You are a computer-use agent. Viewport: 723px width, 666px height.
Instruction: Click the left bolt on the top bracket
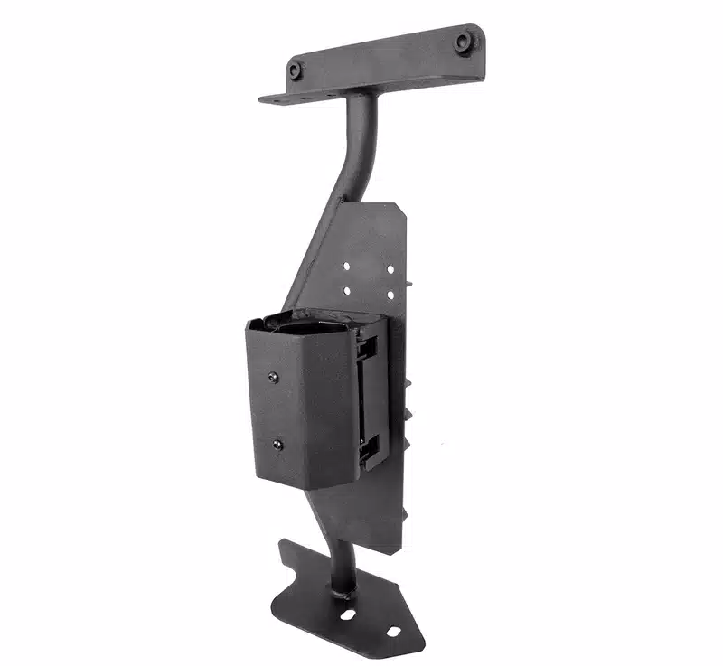coord(296,70)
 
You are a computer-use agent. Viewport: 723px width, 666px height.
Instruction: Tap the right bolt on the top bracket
coord(464,41)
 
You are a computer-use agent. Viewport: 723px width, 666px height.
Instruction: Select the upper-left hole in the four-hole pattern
coord(346,267)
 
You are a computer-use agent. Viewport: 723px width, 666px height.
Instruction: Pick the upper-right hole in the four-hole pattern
coord(390,268)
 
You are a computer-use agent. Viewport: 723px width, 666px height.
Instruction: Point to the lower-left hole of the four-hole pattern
coord(346,291)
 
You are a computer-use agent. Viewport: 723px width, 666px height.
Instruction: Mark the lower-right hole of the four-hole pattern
coord(390,295)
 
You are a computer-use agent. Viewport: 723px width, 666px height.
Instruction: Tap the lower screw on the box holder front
coord(277,445)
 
